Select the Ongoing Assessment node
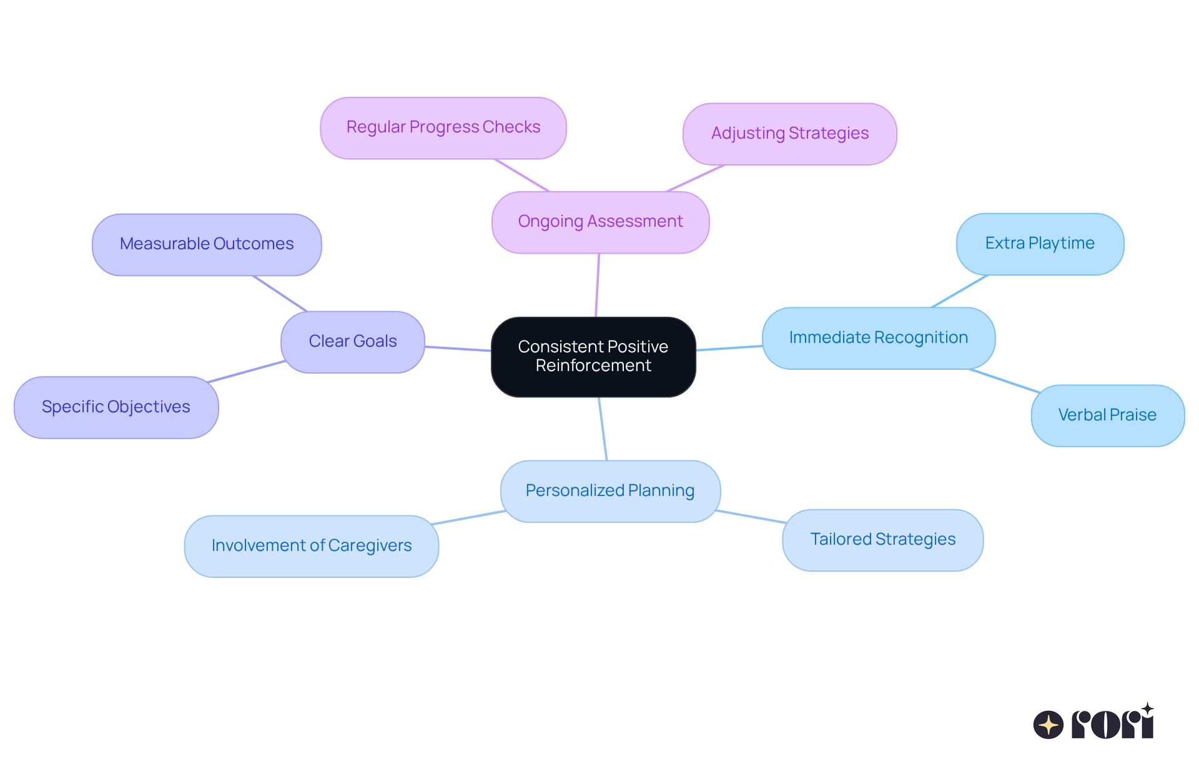600,222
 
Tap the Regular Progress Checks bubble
443,127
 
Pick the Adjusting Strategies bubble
789,134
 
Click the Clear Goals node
353,342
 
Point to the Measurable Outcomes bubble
207,244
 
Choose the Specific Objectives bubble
116,407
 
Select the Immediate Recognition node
878,338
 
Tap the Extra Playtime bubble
1040,244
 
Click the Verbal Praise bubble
1107,415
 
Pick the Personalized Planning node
610,491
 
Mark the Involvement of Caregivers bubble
311,546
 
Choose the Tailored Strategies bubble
882,540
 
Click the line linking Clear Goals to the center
458,349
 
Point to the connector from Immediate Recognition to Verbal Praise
1004,380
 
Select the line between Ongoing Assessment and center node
598,285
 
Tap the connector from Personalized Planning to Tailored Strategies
751,517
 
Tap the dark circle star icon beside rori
1049,725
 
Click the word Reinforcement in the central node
593,365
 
